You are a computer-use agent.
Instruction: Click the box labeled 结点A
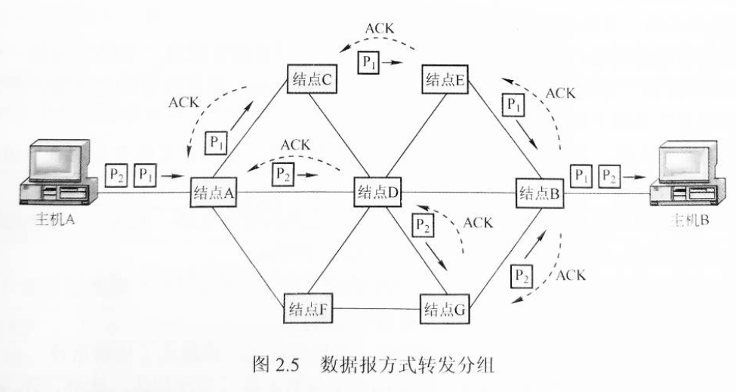point(214,192)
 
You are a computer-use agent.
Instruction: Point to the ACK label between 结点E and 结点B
point(560,94)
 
